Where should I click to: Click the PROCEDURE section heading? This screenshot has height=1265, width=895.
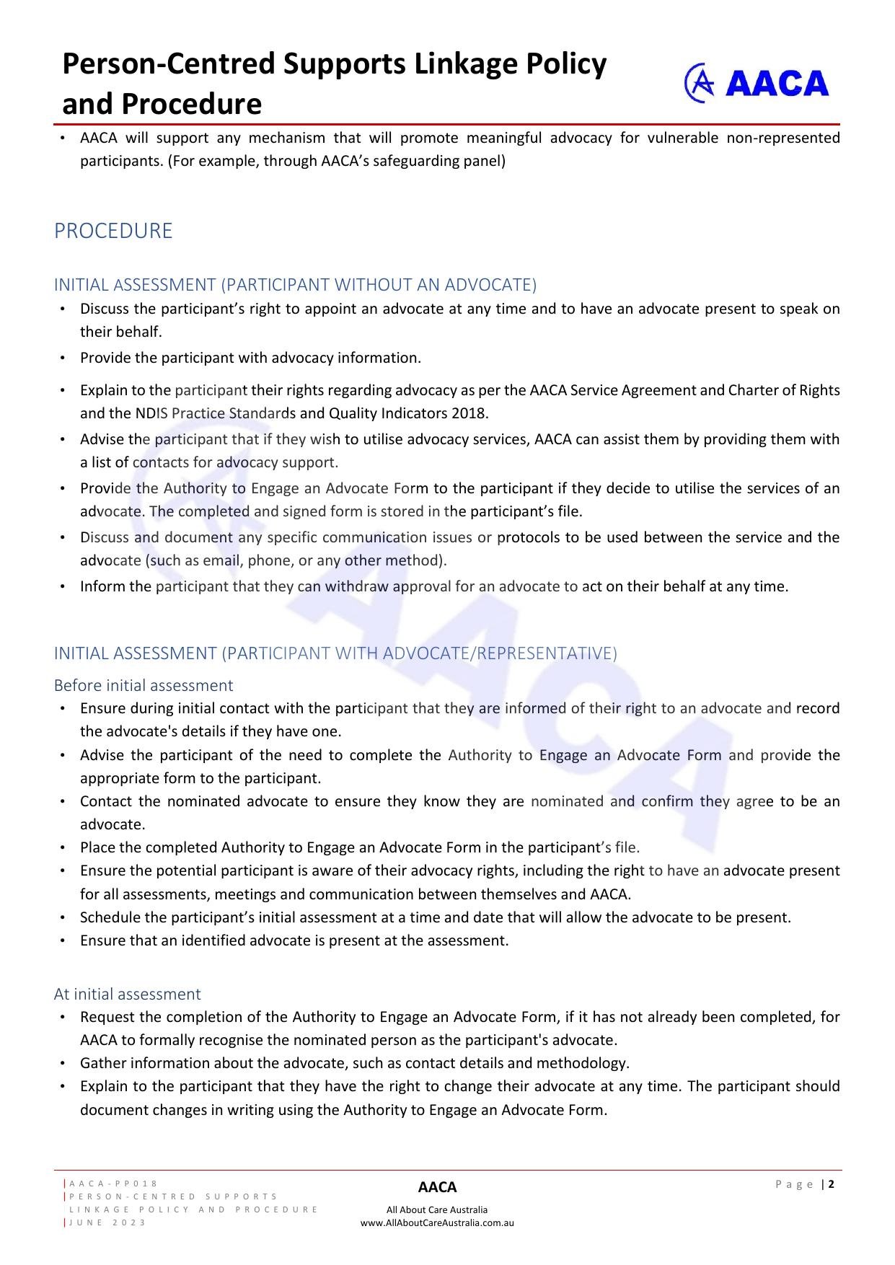(x=113, y=231)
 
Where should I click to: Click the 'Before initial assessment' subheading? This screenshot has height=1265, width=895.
(x=144, y=685)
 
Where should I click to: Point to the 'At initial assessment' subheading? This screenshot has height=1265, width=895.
(x=127, y=994)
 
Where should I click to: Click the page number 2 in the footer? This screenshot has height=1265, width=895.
(x=832, y=1184)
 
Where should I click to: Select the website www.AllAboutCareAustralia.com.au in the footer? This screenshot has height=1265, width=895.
(x=437, y=1222)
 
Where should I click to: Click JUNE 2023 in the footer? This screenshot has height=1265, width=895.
(x=107, y=1222)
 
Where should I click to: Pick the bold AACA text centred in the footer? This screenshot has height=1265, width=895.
(x=437, y=1187)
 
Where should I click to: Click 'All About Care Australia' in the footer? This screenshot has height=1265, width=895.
(x=437, y=1209)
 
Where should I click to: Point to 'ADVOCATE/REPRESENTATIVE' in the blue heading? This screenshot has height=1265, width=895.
(x=500, y=653)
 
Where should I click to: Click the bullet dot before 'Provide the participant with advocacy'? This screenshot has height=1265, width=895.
(x=63, y=358)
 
